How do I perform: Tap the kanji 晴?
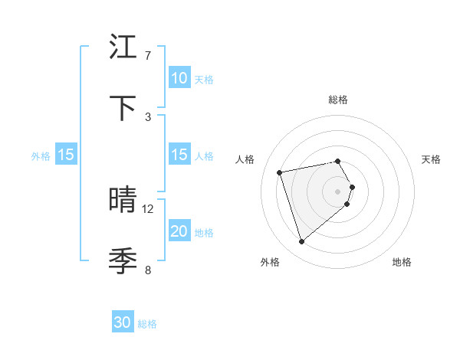123,200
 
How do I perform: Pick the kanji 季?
123,261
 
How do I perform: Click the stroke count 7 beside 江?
147,56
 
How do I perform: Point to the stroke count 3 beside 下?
147,116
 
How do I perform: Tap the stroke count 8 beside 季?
147,270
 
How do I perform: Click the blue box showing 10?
179,78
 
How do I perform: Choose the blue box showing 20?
179,231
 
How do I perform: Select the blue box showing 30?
123,322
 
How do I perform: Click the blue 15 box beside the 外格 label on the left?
66,155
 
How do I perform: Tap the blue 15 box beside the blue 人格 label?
179,155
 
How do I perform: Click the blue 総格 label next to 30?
147,324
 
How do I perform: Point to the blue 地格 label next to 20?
204,233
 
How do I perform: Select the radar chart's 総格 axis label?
338,100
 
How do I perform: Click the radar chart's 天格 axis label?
432,159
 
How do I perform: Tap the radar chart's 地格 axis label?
402,262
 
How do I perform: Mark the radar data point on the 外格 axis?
301,242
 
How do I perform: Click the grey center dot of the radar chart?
338,191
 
